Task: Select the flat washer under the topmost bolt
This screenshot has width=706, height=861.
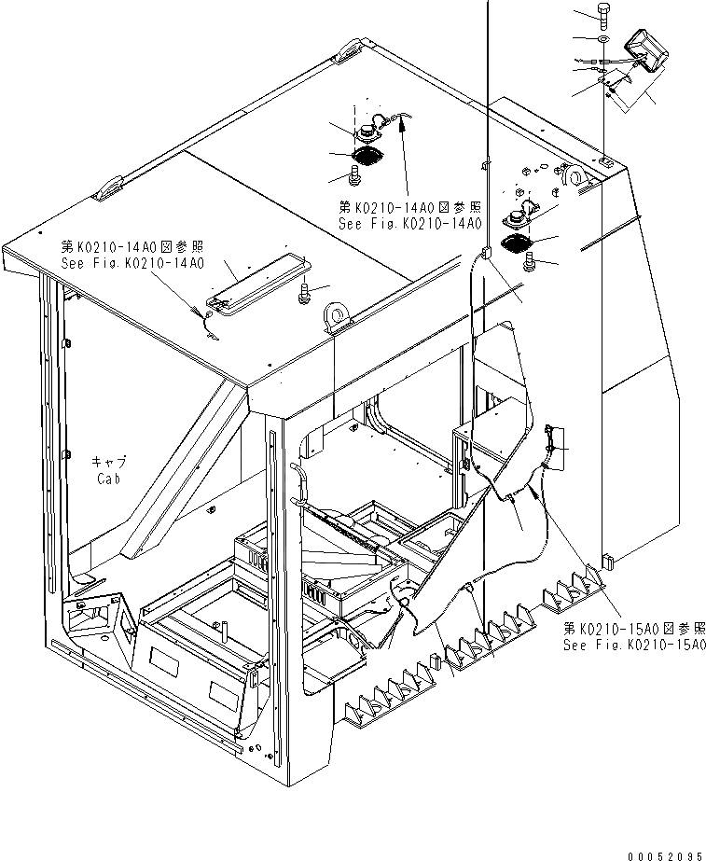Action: point(603,42)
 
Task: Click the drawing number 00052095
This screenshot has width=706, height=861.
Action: point(664,853)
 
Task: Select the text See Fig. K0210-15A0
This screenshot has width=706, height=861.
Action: point(633,645)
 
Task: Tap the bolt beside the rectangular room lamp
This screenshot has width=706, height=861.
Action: point(303,294)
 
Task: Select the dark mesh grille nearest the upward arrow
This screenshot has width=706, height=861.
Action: point(367,156)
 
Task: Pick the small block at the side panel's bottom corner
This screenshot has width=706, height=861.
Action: point(607,561)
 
